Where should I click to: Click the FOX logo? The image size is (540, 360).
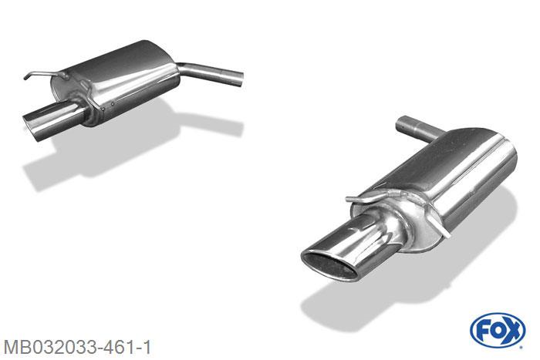[x=498, y=331]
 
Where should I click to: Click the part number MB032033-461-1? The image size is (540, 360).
[x=77, y=347]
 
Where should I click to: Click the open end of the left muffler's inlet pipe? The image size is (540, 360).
[x=240, y=79]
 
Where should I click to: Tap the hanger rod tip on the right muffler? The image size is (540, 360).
[x=349, y=199]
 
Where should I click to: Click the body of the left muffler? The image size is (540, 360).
[x=117, y=81]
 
